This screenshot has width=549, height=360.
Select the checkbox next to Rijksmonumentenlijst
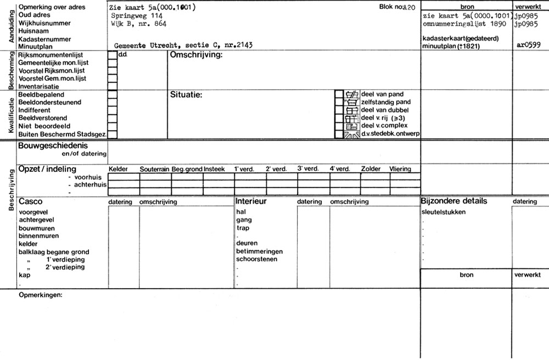point(113,55)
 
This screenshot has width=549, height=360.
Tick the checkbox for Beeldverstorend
point(113,118)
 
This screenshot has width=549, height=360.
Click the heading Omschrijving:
point(196,56)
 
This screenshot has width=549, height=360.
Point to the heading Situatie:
point(187,95)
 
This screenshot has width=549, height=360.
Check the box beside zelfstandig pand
point(339,102)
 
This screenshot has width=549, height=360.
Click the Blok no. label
point(390,7)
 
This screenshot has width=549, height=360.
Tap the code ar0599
point(528,46)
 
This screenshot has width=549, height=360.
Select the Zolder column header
point(371,169)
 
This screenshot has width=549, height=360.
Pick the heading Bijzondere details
point(453,201)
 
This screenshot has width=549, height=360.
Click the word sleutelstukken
point(443,212)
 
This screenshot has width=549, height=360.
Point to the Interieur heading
point(251,201)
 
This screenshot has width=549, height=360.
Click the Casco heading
point(30,201)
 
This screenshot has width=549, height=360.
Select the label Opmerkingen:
point(40,295)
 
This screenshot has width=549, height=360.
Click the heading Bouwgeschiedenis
point(53,146)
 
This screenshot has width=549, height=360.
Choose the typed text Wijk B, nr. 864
point(138,24)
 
